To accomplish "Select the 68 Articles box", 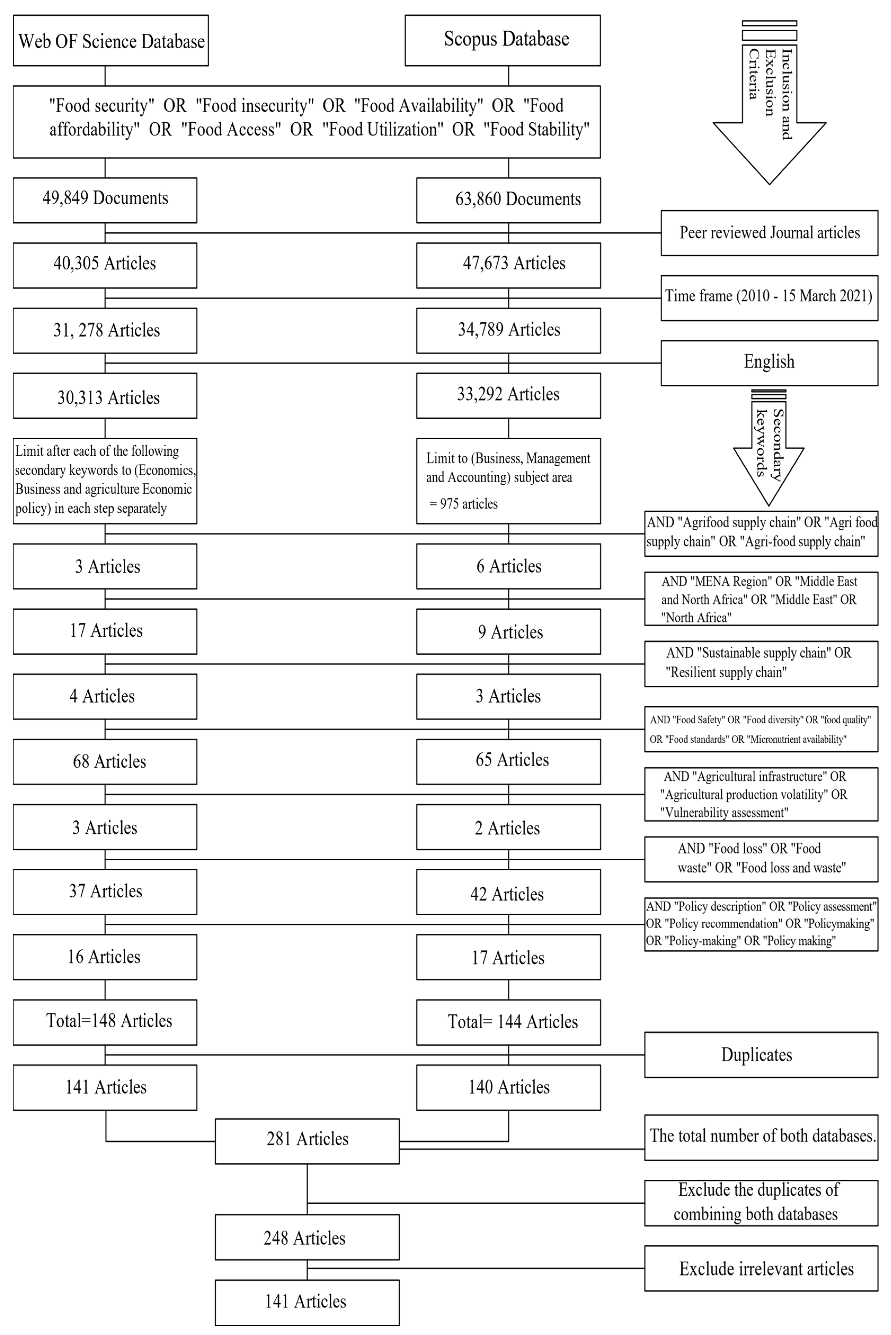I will click(105, 762).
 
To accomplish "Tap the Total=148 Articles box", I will click(105, 1022).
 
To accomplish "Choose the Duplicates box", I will click(761, 1055).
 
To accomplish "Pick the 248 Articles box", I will click(307, 1237).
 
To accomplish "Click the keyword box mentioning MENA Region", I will click(761, 599).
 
